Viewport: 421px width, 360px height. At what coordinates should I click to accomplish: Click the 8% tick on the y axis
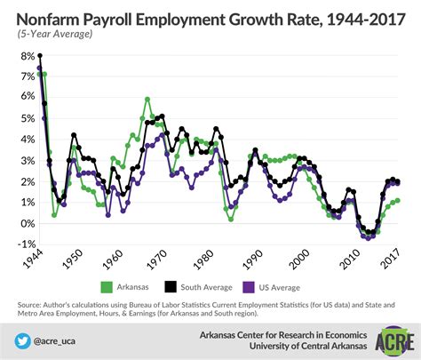(x=18, y=55)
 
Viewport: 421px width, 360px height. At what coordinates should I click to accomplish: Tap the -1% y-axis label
(x=17, y=244)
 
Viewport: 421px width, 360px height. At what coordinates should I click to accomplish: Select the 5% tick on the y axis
(x=18, y=118)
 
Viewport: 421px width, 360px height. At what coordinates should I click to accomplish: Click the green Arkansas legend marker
(x=106, y=286)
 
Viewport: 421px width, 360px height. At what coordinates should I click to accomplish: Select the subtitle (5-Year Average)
(x=52, y=34)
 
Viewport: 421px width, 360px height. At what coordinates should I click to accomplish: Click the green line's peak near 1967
(x=147, y=99)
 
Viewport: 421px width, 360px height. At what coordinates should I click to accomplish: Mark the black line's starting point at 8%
(x=39, y=55)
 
